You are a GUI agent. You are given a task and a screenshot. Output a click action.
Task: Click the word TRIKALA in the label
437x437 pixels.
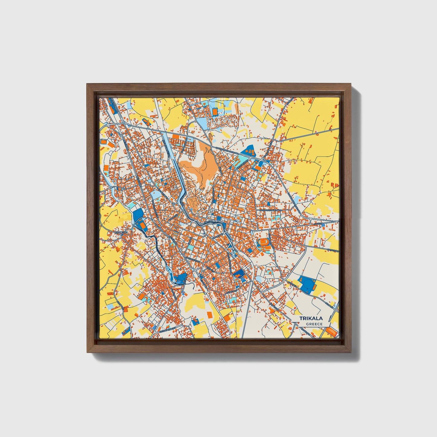[311, 318]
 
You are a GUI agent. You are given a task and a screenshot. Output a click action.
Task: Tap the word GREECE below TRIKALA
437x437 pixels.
[314, 324]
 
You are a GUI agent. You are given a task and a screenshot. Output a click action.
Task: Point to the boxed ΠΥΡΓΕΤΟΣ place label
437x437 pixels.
[121, 233]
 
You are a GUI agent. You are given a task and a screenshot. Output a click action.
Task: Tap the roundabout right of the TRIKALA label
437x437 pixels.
[337, 310]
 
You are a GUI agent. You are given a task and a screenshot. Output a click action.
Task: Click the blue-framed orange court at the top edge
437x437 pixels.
[214, 112]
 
